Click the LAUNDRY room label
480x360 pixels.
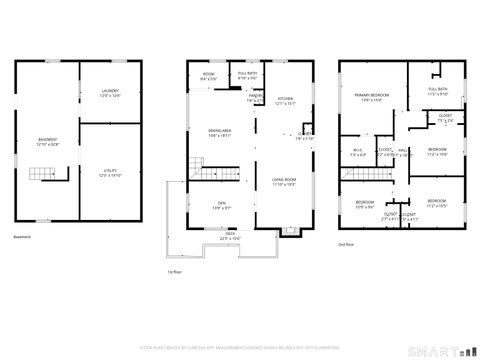[x=110, y=92]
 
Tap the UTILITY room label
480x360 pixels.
[x=110, y=171]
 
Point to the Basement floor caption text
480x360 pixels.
[x=23, y=236]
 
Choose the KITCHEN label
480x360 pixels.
[x=286, y=98]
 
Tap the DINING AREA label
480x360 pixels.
[x=221, y=131]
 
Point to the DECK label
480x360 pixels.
[x=231, y=234]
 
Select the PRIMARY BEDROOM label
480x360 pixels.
[x=370, y=95]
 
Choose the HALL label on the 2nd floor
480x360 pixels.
[x=402, y=151]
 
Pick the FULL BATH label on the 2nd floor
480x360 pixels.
[x=438, y=90]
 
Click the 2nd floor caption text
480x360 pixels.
[x=346, y=243]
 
